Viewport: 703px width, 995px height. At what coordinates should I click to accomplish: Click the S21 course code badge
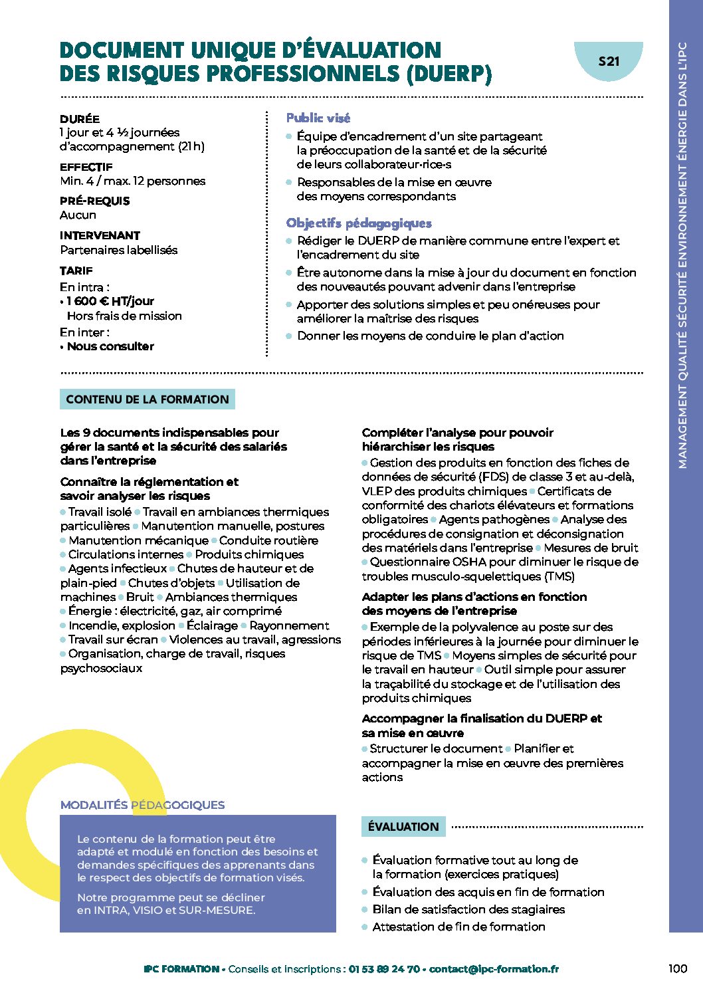click(x=609, y=61)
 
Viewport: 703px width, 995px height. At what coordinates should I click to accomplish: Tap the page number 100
click(x=677, y=968)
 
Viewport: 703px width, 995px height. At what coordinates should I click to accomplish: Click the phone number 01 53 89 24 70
click(x=384, y=969)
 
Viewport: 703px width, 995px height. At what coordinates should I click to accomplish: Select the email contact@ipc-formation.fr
click(x=494, y=969)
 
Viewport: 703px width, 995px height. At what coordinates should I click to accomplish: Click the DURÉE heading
click(x=80, y=119)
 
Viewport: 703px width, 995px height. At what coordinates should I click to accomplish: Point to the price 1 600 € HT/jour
click(x=110, y=301)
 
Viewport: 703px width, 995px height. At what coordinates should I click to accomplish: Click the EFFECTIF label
click(x=86, y=167)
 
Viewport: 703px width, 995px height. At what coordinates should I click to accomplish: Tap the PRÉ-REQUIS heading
click(x=95, y=201)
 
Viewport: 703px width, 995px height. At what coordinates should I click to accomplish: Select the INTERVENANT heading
click(x=100, y=235)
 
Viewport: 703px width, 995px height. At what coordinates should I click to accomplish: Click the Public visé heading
click(x=318, y=118)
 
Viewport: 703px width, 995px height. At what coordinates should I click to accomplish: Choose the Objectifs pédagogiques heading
click(x=359, y=223)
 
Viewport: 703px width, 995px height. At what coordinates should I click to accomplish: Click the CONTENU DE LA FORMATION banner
click(x=148, y=399)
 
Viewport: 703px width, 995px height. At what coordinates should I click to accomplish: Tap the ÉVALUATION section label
click(x=403, y=827)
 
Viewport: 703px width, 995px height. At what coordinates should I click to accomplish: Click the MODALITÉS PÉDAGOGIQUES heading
click(x=142, y=805)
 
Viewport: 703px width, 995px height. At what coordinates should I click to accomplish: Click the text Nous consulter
click(x=110, y=346)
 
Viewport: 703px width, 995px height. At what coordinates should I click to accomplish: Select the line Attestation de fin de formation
click(x=458, y=927)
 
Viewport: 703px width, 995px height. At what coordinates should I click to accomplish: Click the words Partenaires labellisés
click(x=119, y=250)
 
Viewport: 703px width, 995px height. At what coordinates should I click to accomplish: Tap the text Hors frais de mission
click(x=124, y=316)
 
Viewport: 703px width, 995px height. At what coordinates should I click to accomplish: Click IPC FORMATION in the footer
click(x=181, y=969)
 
